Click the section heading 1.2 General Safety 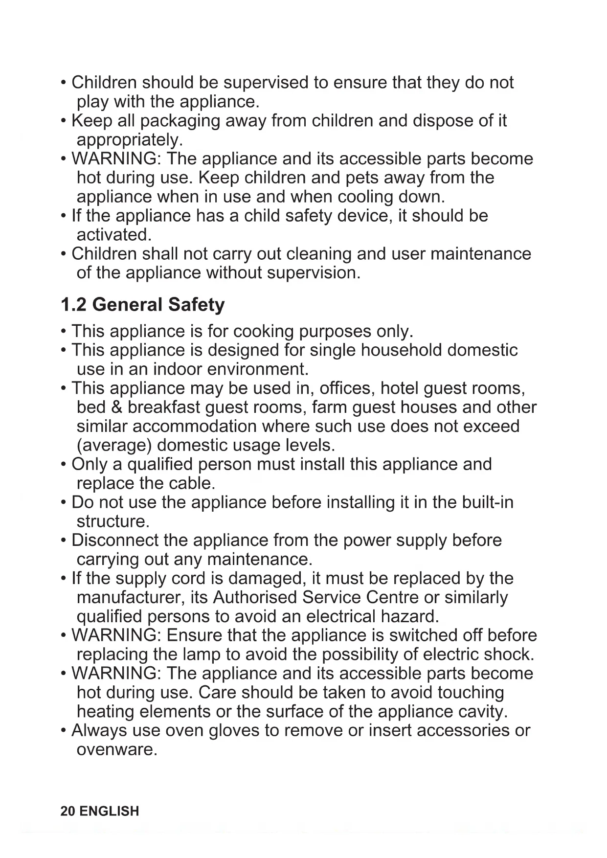[x=142, y=305]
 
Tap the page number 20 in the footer [x=67, y=811]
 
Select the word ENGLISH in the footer [x=109, y=811]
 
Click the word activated [x=113, y=235]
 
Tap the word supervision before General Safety [x=313, y=273]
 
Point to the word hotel [x=399, y=388]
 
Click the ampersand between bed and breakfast [x=117, y=407]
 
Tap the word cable [x=191, y=483]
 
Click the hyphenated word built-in [x=487, y=502]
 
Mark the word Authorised [x=255, y=598]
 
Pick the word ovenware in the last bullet [x=116, y=749]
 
